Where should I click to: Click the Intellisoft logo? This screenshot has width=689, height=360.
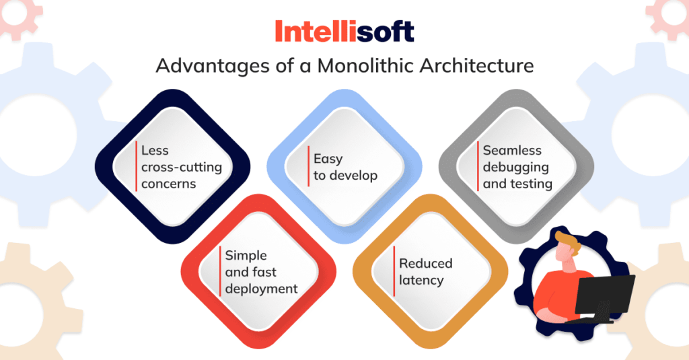coord(344,31)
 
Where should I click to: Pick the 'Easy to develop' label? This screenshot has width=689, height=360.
coord(345,167)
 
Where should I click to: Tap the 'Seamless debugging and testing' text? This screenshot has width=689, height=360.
coord(517,167)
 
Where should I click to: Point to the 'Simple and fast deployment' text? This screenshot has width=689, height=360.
coord(261,272)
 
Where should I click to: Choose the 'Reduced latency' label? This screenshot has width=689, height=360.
coord(425,272)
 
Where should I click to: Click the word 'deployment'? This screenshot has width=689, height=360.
coord(261,289)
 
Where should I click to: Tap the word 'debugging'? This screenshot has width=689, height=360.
coord(516,167)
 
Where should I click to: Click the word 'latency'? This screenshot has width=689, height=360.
coord(421,280)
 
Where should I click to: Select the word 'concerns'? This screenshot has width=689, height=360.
coord(170,184)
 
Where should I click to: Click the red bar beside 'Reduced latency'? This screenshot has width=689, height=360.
coord(394,271)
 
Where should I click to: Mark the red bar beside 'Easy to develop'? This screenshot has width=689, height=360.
coord(308,167)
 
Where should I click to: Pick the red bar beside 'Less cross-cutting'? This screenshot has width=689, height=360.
coord(137,166)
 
